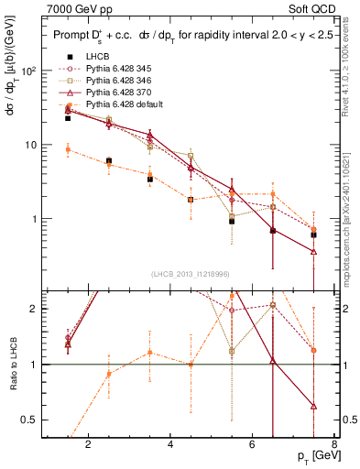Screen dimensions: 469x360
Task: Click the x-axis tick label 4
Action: point(171,446)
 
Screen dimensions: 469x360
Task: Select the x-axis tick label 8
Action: point(334,446)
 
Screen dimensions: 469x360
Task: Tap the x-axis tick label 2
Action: point(88,446)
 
